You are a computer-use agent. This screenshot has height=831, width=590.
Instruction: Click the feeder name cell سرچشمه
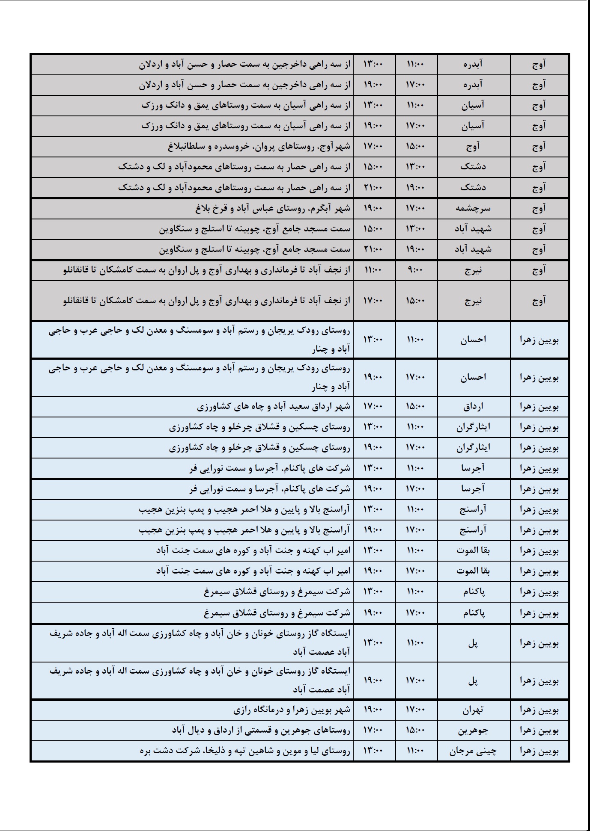click(x=473, y=208)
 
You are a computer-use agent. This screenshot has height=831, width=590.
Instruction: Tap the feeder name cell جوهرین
click(x=473, y=730)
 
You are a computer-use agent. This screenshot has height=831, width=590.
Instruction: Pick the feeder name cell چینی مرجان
click(x=473, y=751)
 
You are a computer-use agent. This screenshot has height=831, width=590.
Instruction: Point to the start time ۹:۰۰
click(x=416, y=270)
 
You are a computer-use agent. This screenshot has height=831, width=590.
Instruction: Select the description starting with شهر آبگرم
click(x=273, y=208)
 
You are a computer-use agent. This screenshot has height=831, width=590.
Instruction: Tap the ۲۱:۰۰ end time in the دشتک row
click(x=373, y=188)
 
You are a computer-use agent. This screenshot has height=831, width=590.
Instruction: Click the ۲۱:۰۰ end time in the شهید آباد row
click(x=373, y=249)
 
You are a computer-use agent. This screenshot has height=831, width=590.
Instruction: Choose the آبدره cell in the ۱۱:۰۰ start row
click(x=473, y=65)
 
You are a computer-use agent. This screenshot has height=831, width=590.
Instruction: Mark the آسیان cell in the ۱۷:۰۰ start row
click(x=473, y=126)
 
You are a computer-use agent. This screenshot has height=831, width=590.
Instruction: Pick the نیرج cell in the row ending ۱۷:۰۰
click(x=473, y=301)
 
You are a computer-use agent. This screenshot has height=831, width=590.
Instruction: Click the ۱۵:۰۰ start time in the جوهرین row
click(x=416, y=730)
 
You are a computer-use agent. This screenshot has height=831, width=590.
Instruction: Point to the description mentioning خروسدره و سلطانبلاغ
click(x=259, y=147)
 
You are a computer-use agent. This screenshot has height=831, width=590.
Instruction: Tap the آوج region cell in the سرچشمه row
click(x=539, y=208)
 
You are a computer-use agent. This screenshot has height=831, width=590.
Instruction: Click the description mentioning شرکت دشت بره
click(x=245, y=751)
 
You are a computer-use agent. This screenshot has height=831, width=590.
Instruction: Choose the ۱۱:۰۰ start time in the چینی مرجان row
click(x=416, y=751)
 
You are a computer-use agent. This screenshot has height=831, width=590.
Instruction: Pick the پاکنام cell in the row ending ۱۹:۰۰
click(x=473, y=613)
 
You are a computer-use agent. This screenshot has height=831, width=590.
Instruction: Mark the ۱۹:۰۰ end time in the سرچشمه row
click(x=373, y=208)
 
